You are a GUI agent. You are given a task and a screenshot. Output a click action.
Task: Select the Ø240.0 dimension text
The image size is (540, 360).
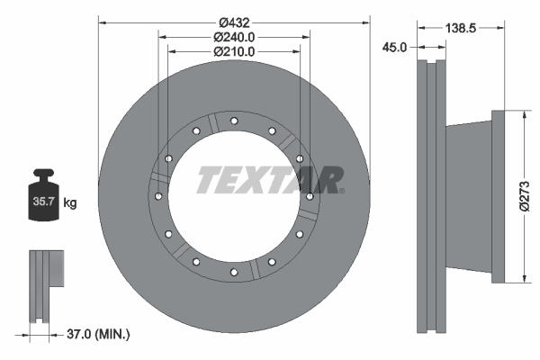coord(234,37)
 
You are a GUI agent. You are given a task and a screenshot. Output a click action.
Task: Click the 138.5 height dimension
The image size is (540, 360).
coord(460,29)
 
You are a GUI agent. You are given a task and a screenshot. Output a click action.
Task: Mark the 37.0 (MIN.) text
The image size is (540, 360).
coord(99,334)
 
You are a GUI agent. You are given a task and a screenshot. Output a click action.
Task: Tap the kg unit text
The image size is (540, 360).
coord(71,203)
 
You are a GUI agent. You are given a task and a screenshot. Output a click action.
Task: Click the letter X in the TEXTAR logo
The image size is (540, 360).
coord(264,180)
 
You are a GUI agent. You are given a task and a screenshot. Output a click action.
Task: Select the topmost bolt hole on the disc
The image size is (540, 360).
coord(233,121)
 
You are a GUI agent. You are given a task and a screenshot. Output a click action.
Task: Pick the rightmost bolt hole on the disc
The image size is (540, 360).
coord(310,195)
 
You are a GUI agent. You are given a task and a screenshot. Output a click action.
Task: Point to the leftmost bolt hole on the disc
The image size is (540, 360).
coord(157,196)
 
